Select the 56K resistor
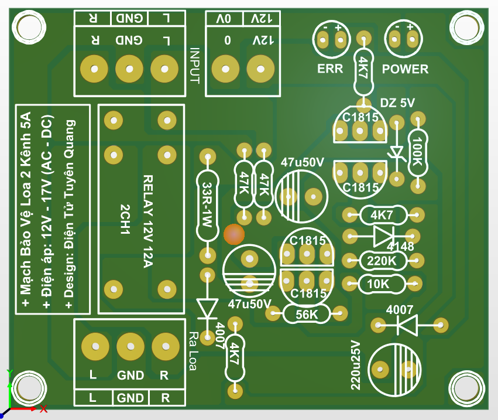(307, 315)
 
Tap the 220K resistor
(383, 260)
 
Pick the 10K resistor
(382, 284)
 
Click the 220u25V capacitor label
(355, 365)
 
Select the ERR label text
(330, 69)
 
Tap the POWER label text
(405, 69)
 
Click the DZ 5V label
(397, 103)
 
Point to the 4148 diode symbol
(382, 236)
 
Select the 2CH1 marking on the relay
(124, 220)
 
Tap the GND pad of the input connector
(129, 69)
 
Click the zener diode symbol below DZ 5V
(397, 153)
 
